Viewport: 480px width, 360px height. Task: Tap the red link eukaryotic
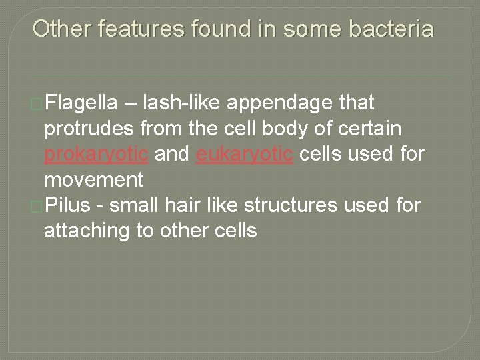[234, 155]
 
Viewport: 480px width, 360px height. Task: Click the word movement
[93, 181]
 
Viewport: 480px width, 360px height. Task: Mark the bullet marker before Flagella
[41, 104]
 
